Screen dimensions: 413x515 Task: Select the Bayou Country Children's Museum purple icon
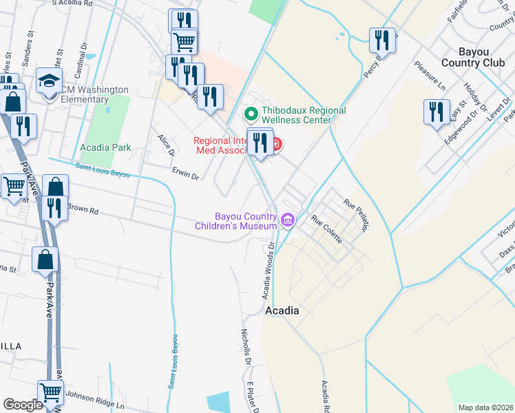click(288, 221)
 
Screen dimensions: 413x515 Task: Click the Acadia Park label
click(105, 147)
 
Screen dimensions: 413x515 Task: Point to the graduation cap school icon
click(50, 81)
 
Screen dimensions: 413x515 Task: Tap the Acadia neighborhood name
click(282, 310)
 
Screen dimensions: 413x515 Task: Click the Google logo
click(23, 404)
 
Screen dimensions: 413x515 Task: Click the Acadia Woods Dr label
click(268, 269)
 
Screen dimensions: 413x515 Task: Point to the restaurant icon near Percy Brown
click(382, 40)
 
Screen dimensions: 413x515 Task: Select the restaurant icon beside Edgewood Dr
click(436, 112)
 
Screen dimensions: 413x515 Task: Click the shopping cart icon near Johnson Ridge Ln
click(50, 393)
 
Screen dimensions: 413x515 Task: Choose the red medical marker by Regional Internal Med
click(275, 145)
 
